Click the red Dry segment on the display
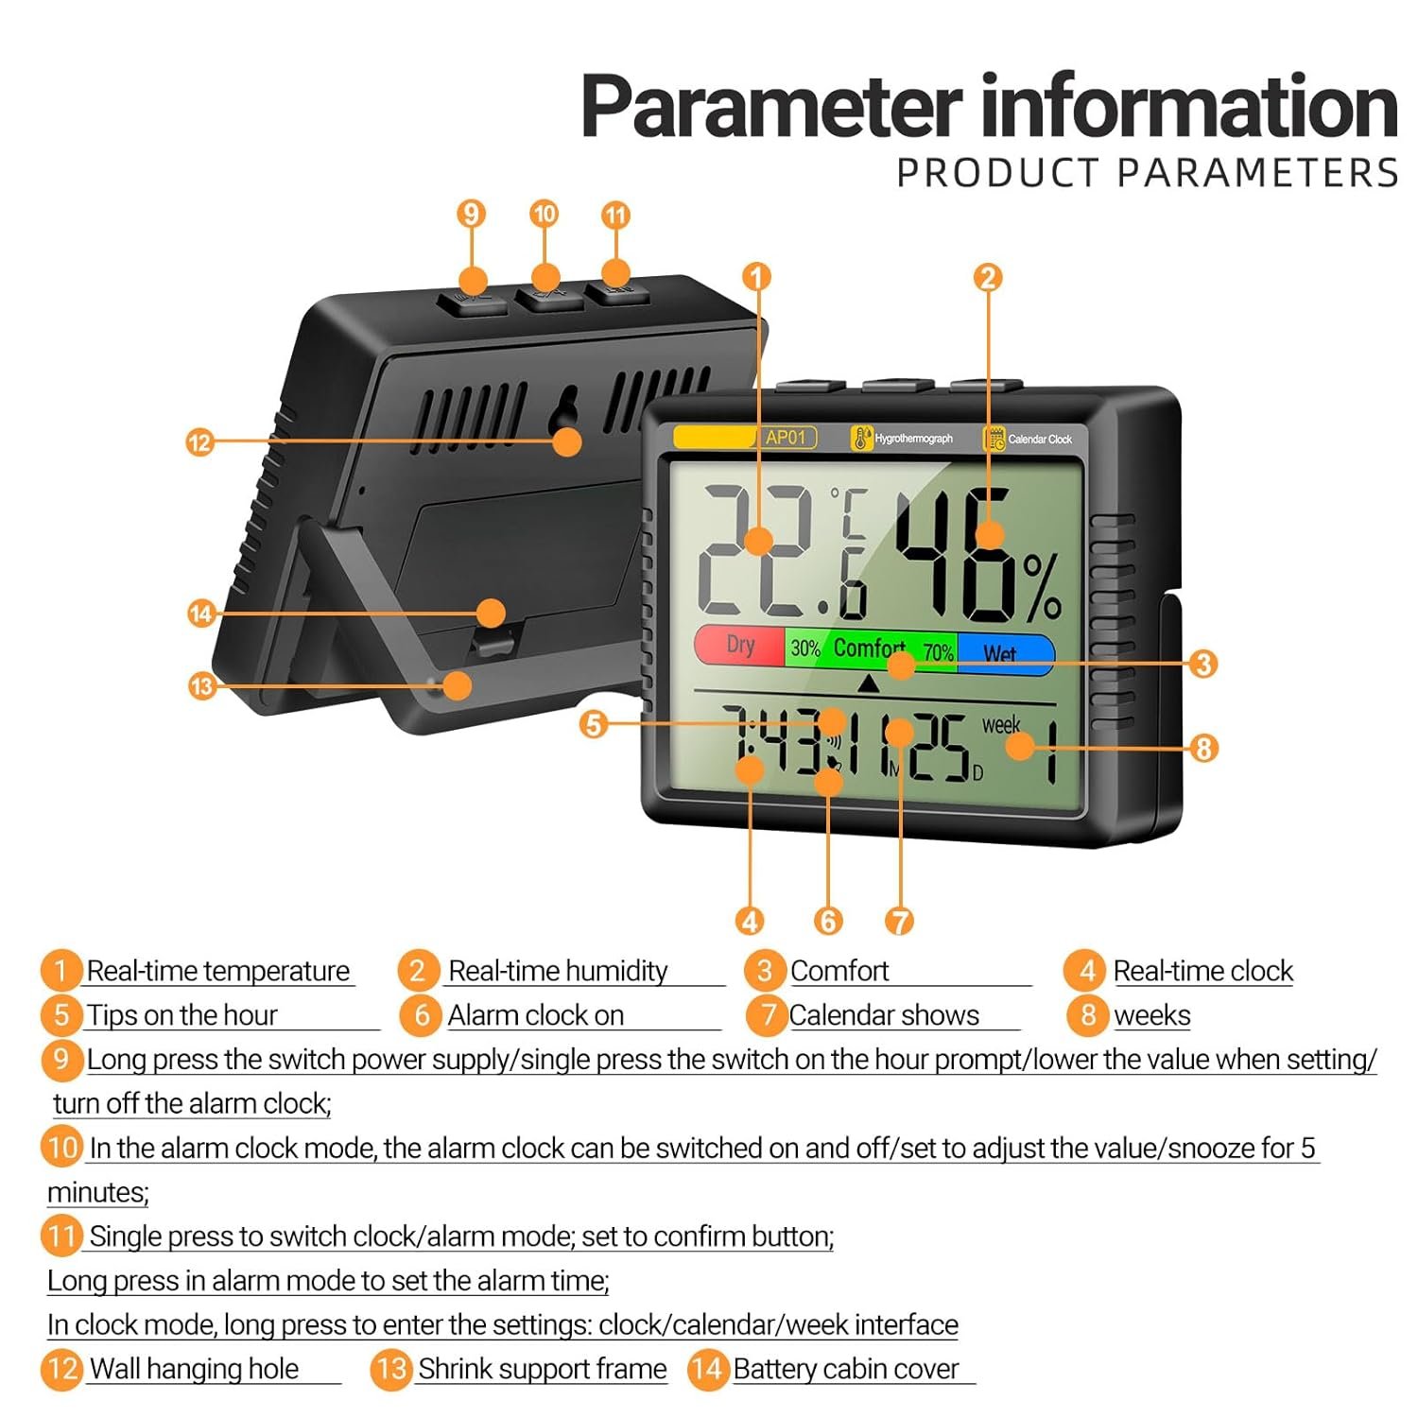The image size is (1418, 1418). (x=739, y=646)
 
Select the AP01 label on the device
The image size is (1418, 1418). (x=786, y=437)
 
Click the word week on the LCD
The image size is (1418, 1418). (x=1001, y=725)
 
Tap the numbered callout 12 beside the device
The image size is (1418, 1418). (x=199, y=441)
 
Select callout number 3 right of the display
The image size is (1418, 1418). (x=1202, y=664)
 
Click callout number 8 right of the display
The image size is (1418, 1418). (x=1202, y=749)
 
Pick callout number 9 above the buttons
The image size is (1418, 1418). (x=471, y=214)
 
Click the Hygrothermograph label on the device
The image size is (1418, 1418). (x=913, y=439)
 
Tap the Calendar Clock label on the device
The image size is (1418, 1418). (x=1040, y=439)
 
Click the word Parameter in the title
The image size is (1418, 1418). (x=771, y=107)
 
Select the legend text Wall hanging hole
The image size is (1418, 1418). (x=194, y=1369)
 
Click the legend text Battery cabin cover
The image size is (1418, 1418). (x=846, y=1369)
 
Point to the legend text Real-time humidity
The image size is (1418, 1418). (x=558, y=971)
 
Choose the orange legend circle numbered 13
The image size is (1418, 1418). (x=390, y=1369)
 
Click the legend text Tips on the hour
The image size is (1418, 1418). (x=182, y=1015)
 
